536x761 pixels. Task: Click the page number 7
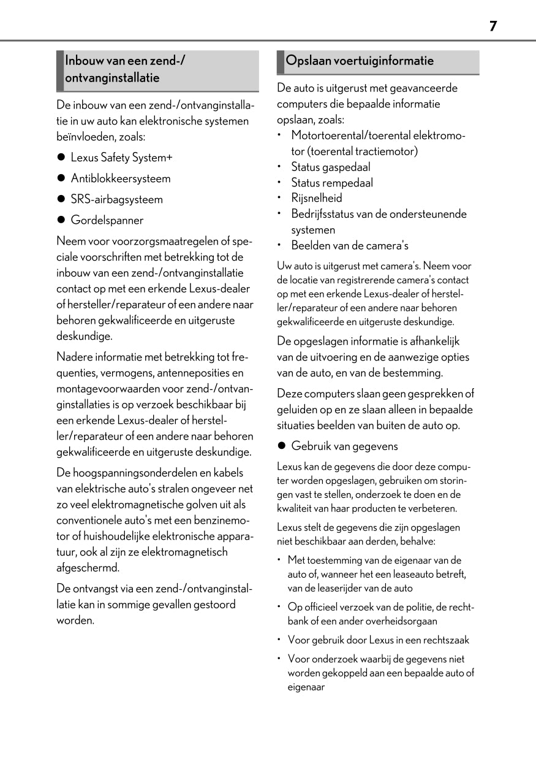[x=493, y=26]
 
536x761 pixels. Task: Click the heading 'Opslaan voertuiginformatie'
[x=360, y=61]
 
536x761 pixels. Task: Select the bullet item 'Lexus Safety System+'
[x=121, y=158]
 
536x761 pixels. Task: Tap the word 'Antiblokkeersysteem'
[x=121, y=178]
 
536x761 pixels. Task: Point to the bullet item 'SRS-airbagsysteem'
[x=116, y=199]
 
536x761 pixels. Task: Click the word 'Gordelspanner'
[x=107, y=220]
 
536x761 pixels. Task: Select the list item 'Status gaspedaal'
[x=330, y=167]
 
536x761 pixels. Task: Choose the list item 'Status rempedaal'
[x=331, y=183]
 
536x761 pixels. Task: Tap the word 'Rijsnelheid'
[x=316, y=198]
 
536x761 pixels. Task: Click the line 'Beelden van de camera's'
[x=349, y=246]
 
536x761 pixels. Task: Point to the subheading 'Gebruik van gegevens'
[x=344, y=446]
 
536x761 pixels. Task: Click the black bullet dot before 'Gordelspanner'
[x=61, y=220]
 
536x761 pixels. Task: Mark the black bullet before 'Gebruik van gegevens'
[x=282, y=446]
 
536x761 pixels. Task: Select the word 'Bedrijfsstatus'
[x=322, y=214]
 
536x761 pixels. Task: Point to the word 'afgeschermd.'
[x=88, y=567]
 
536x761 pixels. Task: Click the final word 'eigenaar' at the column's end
[x=306, y=687]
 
